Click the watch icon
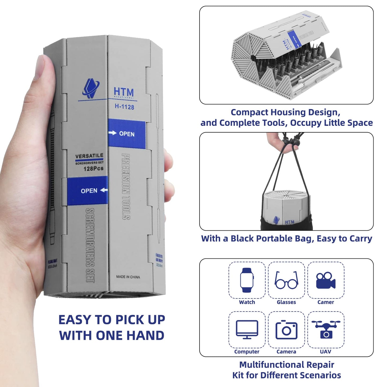coord(247,280)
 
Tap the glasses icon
coord(286,280)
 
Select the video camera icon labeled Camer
coord(325,280)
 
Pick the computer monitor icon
coord(247,329)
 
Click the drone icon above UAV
coord(326,329)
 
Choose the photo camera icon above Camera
coord(286,330)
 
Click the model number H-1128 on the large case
coord(124,107)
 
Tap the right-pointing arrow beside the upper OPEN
coord(112,133)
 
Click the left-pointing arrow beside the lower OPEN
coord(104,190)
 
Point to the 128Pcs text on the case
coord(93,169)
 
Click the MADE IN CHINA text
coord(128,277)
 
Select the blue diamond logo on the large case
coord(91,88)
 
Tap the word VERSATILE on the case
coord(89,156)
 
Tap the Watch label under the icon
coord(247,302)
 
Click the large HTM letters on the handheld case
coord(123,92)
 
